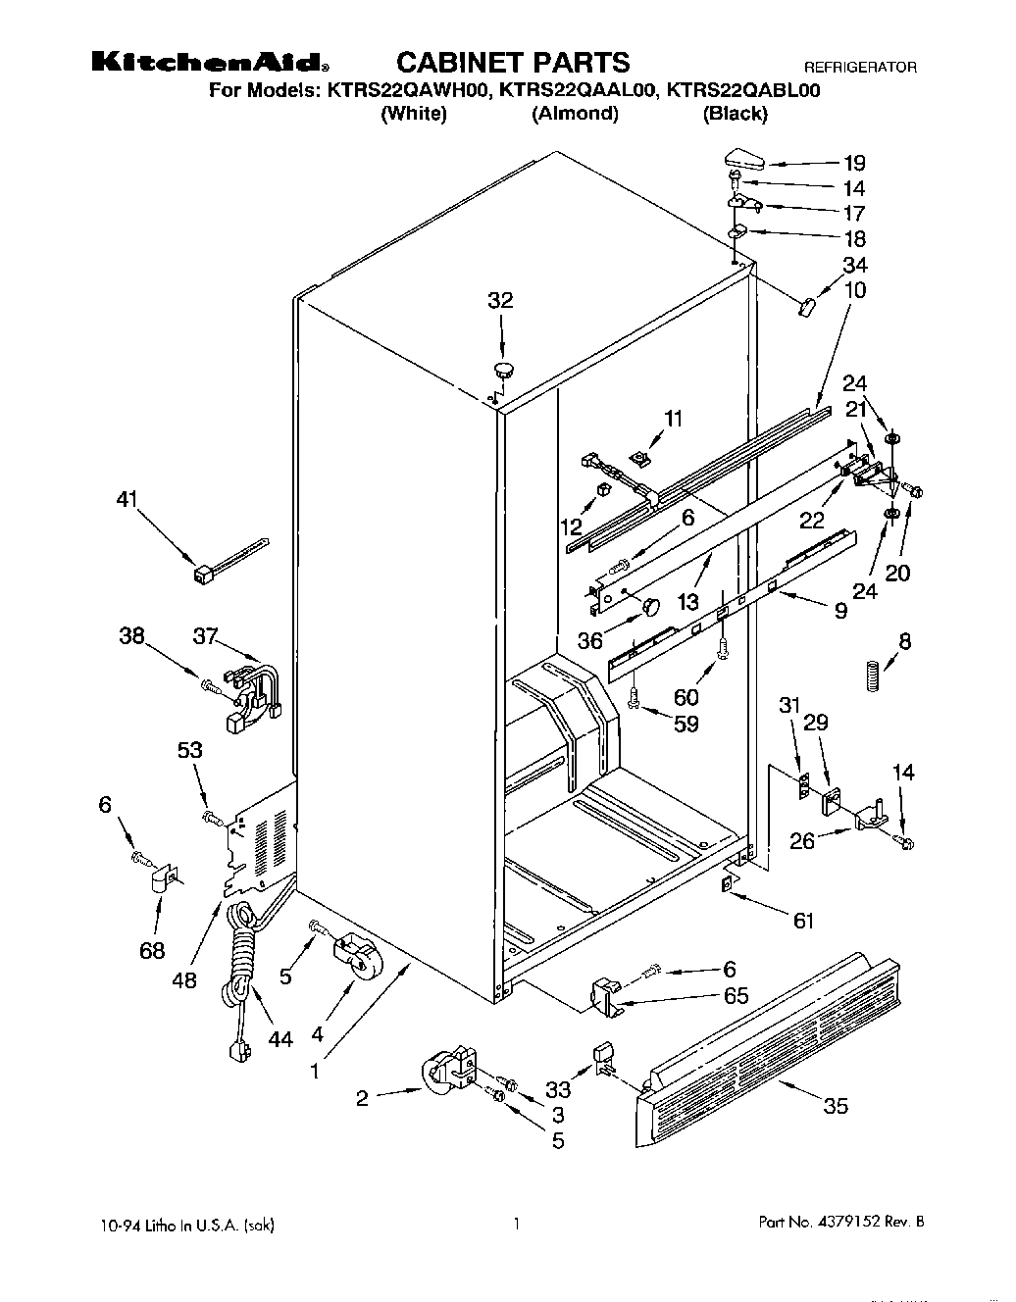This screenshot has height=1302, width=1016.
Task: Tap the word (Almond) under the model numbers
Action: [575, 114]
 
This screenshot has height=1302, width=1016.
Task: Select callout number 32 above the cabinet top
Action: [500, 300]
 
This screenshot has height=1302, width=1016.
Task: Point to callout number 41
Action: [127, 499]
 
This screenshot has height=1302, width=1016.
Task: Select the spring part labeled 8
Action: [870, 677]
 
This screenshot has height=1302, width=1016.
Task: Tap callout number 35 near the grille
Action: [836, 1106]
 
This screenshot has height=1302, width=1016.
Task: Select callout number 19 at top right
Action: [854, 163]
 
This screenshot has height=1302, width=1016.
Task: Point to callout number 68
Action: [152, 950]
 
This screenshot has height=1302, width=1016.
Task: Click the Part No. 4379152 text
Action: [841, 1223]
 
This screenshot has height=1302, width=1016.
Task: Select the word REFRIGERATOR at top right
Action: [860, 68]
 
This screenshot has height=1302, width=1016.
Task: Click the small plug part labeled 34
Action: [806, 308]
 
